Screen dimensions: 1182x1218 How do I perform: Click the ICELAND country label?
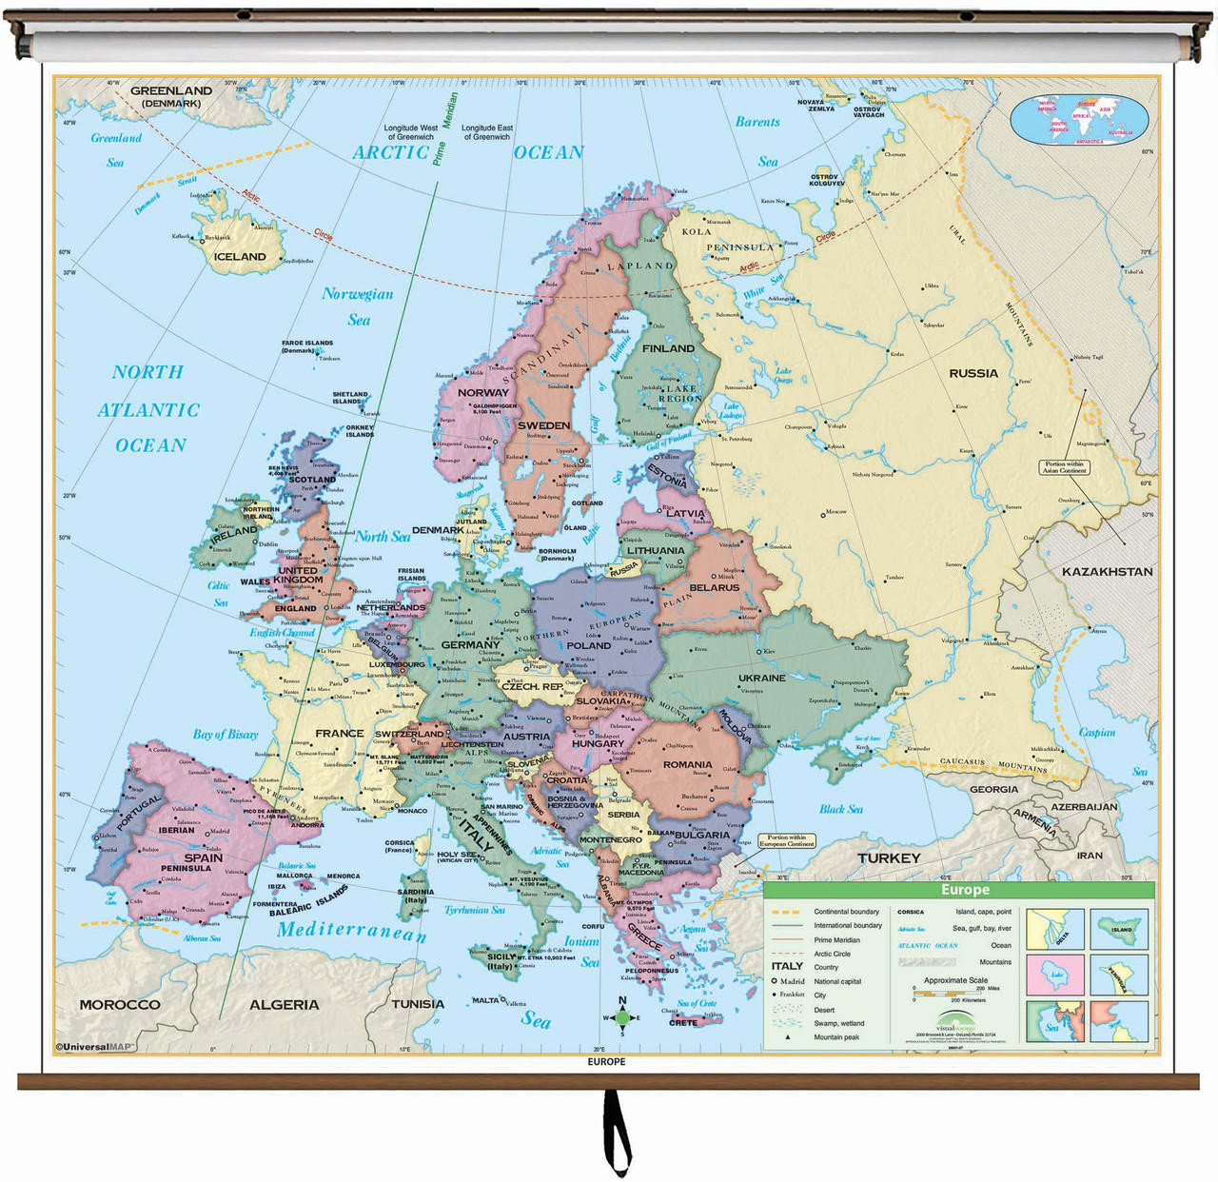coord(240,257)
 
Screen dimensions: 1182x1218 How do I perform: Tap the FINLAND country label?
coord(669,348)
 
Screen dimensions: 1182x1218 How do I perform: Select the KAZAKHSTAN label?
coord(1107,572)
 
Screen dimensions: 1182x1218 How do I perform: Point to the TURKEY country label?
coord(889,857)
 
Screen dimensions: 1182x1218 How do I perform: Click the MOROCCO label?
coord(120,1004)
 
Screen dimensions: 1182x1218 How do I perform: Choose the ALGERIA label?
coord(284,1004)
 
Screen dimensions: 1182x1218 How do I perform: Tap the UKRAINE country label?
coord(762,678)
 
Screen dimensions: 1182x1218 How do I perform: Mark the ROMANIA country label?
coord(687,764)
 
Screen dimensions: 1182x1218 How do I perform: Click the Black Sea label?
coord(841,809)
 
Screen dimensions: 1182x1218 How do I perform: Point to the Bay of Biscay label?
coord(226,734)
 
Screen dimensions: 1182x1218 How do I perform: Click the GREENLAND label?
coord(171,91)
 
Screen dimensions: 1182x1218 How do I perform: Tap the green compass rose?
coord(622,1017)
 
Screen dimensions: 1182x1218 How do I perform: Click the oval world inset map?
coord(1079,121)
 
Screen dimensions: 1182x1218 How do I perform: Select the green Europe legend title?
coord(964,890)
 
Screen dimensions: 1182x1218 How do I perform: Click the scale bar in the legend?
coord(948,994)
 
